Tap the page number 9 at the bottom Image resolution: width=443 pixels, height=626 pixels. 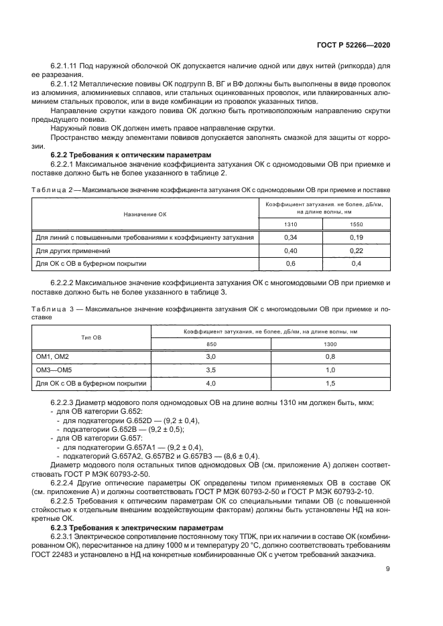pyautogui.click(x=389, y=569)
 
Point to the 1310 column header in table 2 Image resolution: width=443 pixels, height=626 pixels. pyautogui.click(x=290, y=225)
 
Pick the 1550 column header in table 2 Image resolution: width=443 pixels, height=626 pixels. pyautogui.click(x=357, y=225)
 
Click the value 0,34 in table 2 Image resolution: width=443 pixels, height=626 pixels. pyautogui.click(x=290, y=238)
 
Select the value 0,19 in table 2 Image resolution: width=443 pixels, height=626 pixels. pyautogui.click(x=357, y=238)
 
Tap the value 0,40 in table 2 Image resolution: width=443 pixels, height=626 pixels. pyautogui.click(x=290, y=250)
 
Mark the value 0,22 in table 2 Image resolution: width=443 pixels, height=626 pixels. pyautogui.click(x=357, y=250)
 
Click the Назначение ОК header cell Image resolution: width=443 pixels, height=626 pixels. pyautogui.click(x=144, y=214)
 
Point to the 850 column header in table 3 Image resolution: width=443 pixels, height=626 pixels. pyautogui.click(x=210, y=344)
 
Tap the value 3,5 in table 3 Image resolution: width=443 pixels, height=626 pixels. pyautogui.click(x=210, y=370)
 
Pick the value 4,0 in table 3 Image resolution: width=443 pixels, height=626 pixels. pyautogui.click(x=210, y=383)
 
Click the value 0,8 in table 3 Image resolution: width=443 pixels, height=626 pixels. pyautogui.click(x=330, y=358)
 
